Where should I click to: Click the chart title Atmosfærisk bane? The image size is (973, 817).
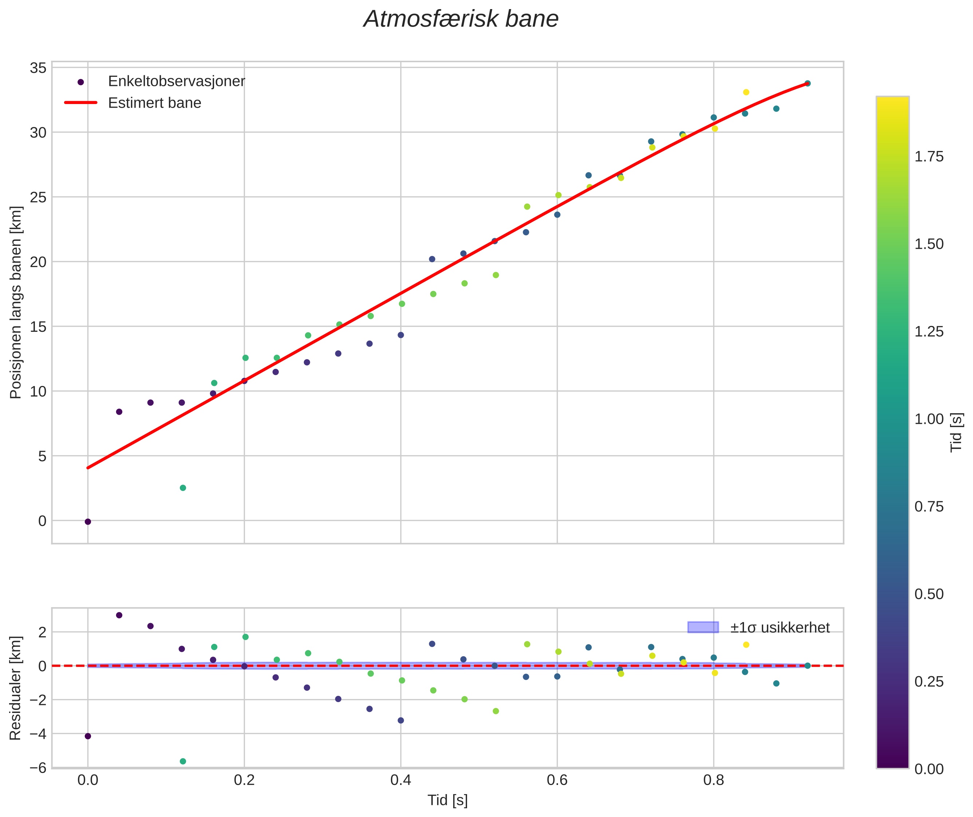[461, 19]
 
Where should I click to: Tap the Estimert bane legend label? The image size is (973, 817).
[154, 103]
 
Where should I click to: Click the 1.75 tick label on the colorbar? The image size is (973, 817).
[929, 156]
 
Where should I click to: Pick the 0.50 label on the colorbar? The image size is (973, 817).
[929, 594]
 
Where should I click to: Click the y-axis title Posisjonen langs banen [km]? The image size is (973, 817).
[16, 302]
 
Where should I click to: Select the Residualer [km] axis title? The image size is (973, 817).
[16, 688]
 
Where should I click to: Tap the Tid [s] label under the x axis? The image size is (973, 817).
[447, 800]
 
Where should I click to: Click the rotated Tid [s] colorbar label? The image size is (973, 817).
[956, 433]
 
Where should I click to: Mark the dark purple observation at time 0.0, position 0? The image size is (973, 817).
[88, 522]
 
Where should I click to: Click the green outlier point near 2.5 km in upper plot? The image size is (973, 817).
[183, 488]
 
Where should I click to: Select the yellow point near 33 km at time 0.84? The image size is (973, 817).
[746, 92]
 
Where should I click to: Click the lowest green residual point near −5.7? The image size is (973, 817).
[183, 761]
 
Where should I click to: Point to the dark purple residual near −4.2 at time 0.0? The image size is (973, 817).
[88, 736]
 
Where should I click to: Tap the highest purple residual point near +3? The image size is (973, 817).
[119, 615]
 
